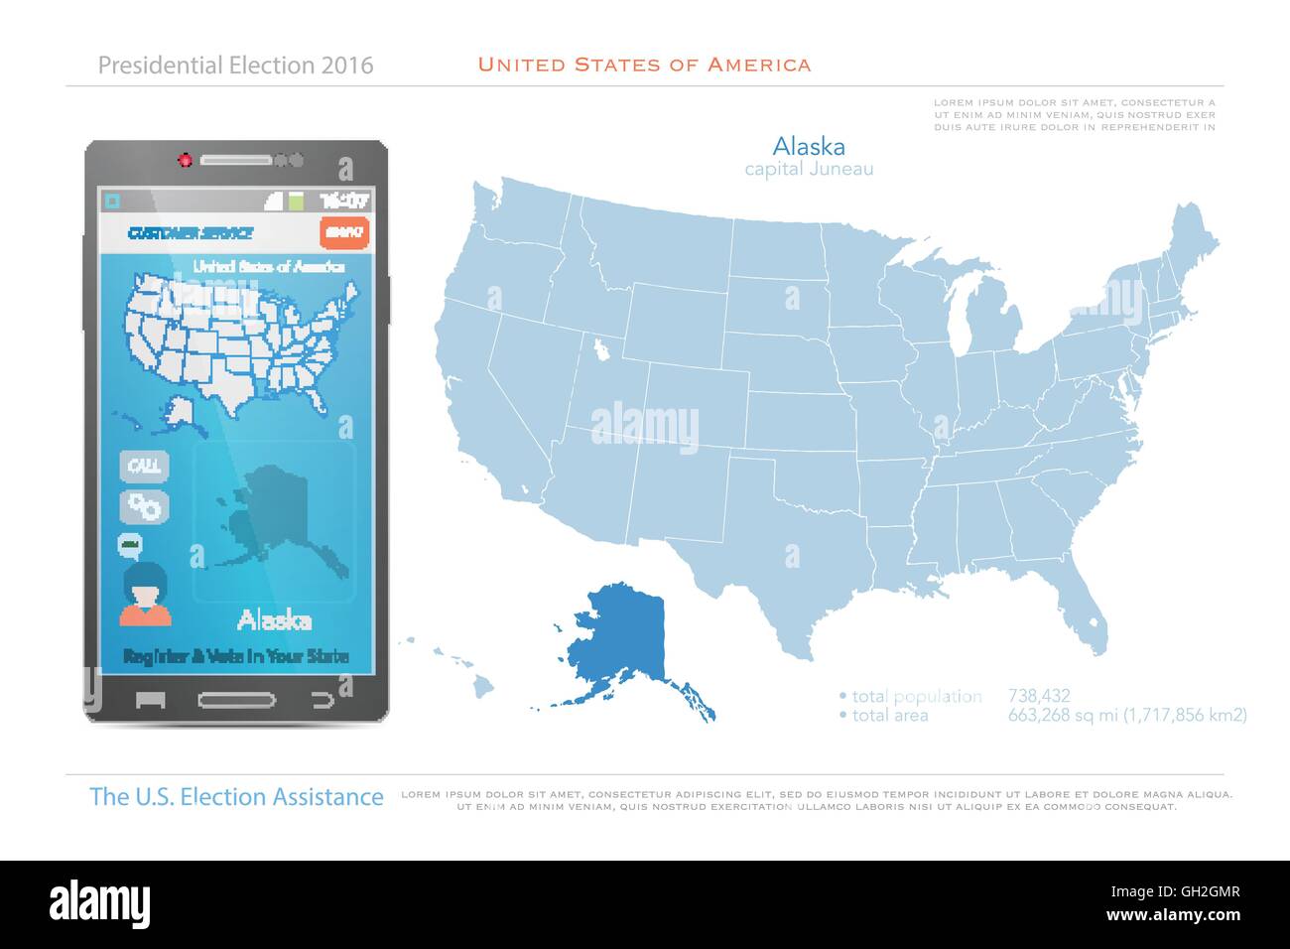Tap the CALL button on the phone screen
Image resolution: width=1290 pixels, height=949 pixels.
145,466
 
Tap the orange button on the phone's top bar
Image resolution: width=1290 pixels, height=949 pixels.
344,232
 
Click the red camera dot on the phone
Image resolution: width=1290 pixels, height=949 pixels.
184,159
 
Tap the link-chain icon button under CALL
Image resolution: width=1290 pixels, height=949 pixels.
145,506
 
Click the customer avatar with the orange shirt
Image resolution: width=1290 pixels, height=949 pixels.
146,594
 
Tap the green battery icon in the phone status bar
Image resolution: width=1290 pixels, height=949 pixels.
296,201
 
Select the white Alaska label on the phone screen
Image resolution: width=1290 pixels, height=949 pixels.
274,621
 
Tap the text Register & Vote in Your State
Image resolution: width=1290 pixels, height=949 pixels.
235,656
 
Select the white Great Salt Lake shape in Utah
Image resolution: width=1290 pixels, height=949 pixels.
601,349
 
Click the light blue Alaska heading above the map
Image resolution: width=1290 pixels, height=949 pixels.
809,147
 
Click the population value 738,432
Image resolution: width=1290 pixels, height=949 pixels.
1038,696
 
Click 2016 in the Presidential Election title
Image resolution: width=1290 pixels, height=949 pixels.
347,66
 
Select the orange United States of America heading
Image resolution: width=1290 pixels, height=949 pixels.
644,65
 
